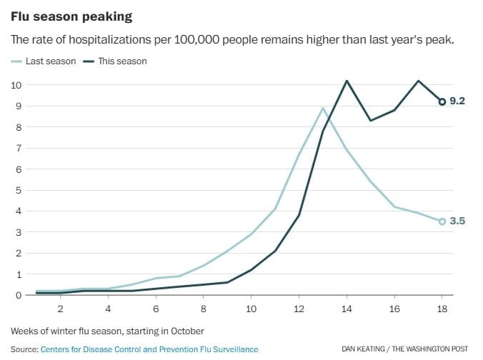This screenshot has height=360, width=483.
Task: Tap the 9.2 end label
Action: pyautogui.click(x=457, y=101)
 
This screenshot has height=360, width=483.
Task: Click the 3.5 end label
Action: pyautogui.click(x=457, y=221)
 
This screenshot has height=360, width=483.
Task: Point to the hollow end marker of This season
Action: pyautogui.click(x=442, y=102)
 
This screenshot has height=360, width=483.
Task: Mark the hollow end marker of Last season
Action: pyautogui.click(x=442, y=221)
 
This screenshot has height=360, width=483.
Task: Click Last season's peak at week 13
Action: pyautogui.click(x=323, y=109)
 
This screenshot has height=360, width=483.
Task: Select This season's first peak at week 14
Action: pyautogui.click(x=347, y=81)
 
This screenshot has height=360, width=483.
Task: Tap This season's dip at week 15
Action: pyautogui.click(x=370, y=121)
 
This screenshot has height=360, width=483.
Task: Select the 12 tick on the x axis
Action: pyautogui.click(x=299, y=309)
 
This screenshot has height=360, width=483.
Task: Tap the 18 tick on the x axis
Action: pyautogui.click(x=442, y=309)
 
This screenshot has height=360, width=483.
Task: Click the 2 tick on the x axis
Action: pyautogui.click(x=61, y=309)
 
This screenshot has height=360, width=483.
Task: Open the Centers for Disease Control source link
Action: pyautogui.click(x=149, y=349)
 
